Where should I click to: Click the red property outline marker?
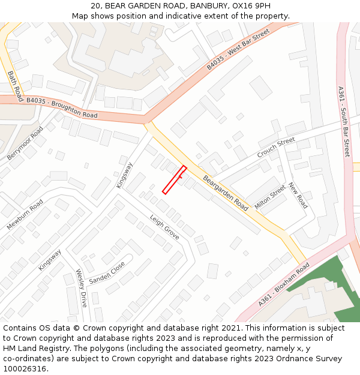pos(175,180)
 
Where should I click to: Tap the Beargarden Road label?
pos(226,193)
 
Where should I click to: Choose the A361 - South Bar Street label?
pos(343,122)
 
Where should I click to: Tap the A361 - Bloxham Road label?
pos(284,284)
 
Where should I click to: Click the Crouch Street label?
pos(276,148)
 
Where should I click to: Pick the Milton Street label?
pos(270,197)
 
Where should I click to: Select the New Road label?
pos(298,196)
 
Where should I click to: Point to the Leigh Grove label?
pos(164,227)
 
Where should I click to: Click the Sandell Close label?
pos(107,273)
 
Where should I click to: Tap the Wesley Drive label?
pos(82,288)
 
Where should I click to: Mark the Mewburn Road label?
pos(25,214)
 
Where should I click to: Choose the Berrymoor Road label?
pos(26,143)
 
